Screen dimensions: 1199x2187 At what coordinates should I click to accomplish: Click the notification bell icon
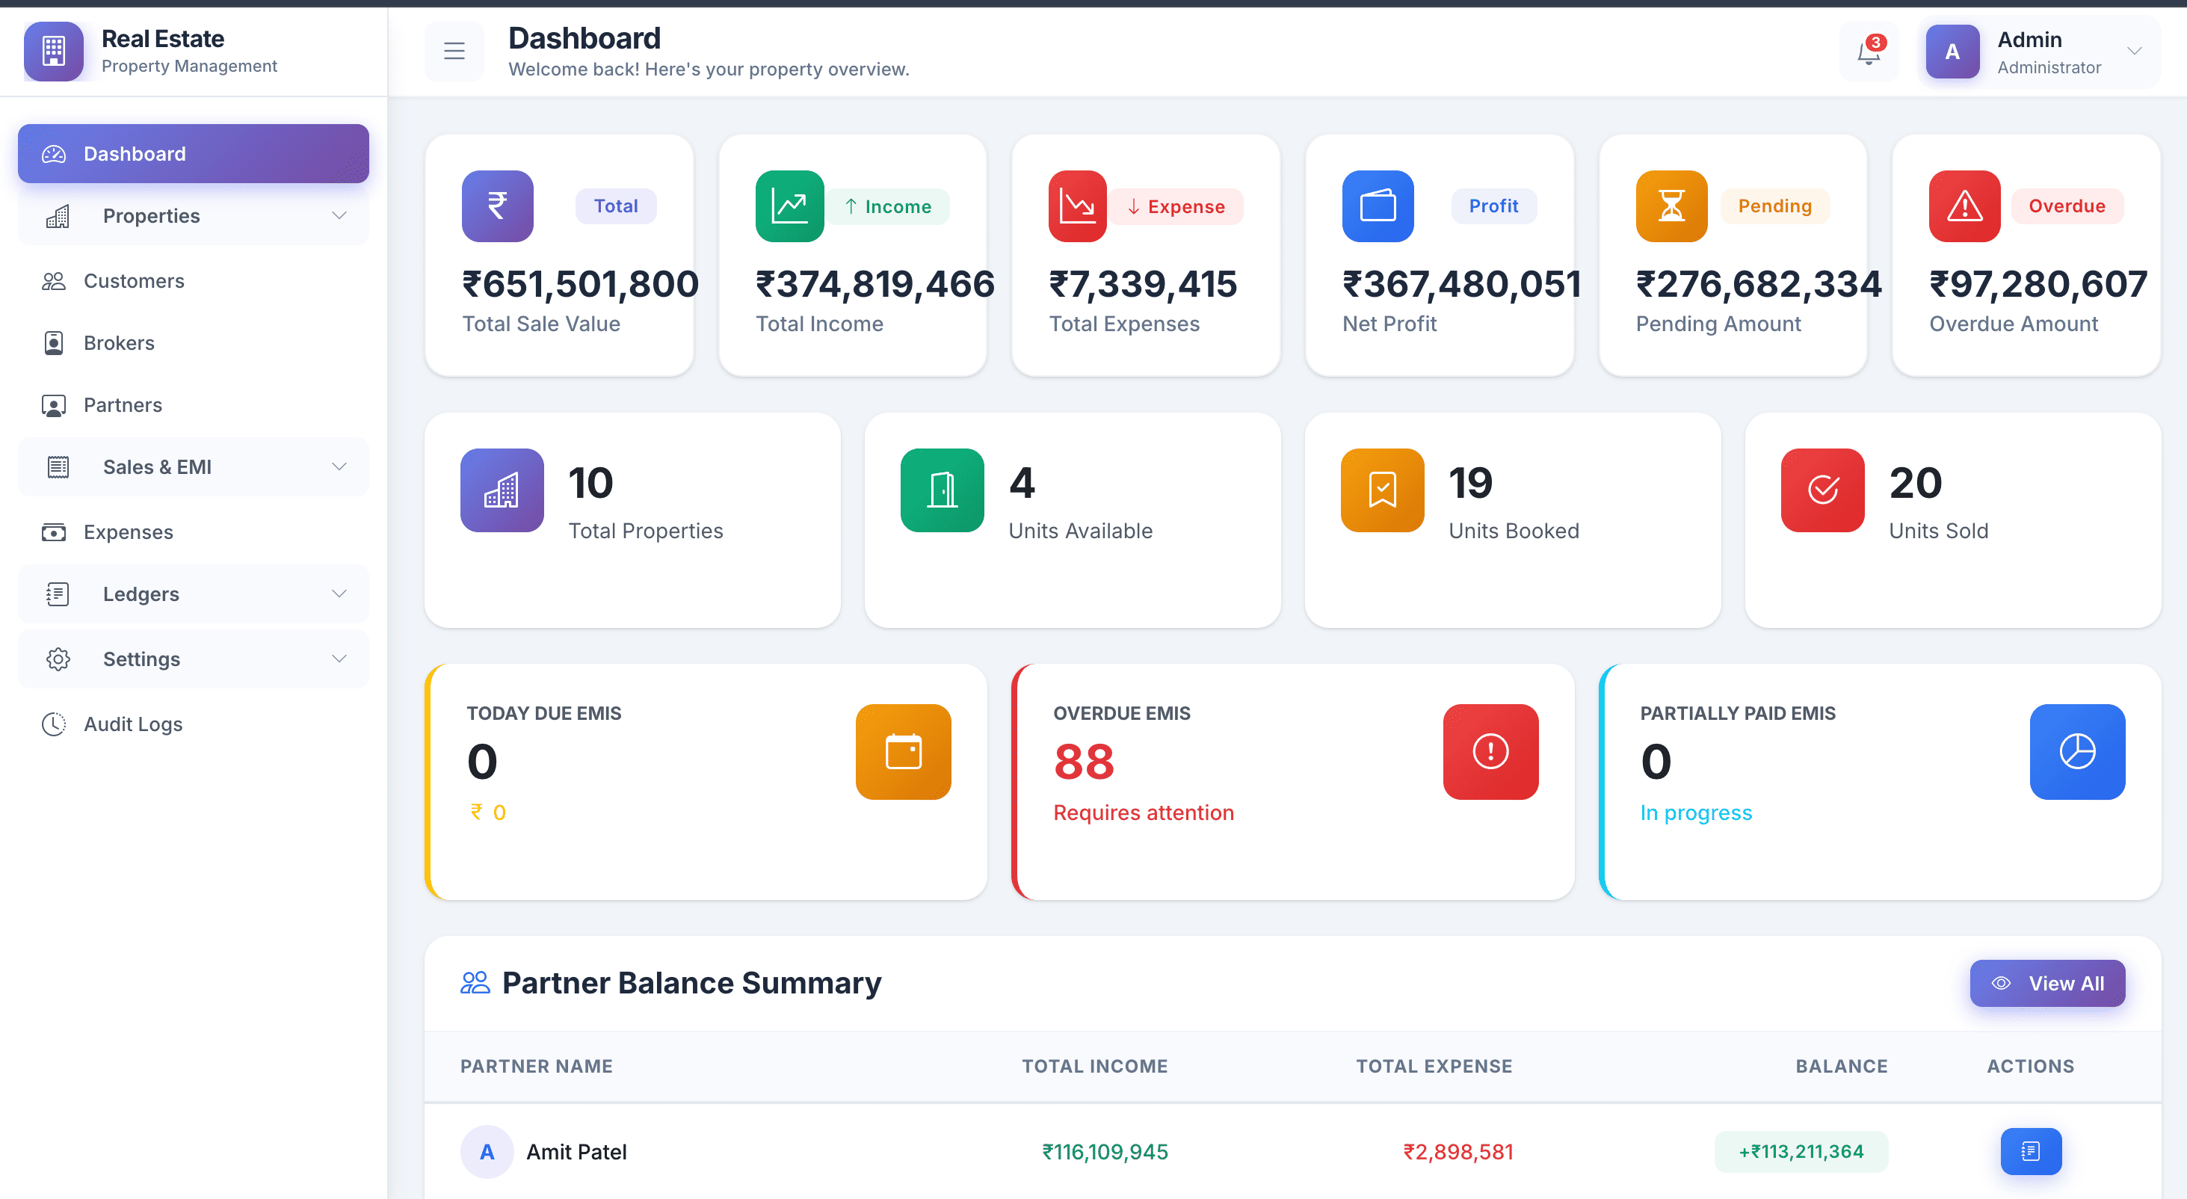click(x=1869, y=52)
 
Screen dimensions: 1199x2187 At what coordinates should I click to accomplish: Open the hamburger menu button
click(x=454, y=52)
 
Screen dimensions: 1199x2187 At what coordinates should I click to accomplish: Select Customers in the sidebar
click(x=133, y=281)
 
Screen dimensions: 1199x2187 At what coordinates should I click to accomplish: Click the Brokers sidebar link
click(x=119, y=343)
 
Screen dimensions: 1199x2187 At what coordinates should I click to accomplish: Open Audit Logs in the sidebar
click(x=132, y=724)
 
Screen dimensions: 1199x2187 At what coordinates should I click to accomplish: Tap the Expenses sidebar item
click(x=129, y=532)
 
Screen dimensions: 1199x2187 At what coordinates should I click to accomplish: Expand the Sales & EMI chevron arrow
click(x=339, y=467)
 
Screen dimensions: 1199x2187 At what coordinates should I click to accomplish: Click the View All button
click(x=2047, y=983)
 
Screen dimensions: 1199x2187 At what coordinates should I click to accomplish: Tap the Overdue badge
click(x=2067, y=206)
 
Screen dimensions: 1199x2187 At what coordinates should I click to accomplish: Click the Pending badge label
click(x=1774, y=206)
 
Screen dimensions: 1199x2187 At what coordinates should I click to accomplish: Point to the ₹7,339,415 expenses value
click(x=1143, y=283)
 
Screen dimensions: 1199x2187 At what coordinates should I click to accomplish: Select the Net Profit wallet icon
click(x=1377, y=206)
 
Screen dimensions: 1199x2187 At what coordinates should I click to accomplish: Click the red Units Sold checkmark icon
click(x=1822, y=490)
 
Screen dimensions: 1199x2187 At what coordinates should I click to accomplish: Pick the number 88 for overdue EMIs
click(x=1083, y=761)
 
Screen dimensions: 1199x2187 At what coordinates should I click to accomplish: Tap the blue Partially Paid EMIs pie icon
click(x=2076, y=751)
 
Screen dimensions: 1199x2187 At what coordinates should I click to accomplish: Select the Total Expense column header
click(x=1434, y=1067)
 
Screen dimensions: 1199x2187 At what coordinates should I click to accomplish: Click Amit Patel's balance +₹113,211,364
click(x=1801, y=1151)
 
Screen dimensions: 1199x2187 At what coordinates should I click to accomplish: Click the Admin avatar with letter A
click(x=1952, y=52)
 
